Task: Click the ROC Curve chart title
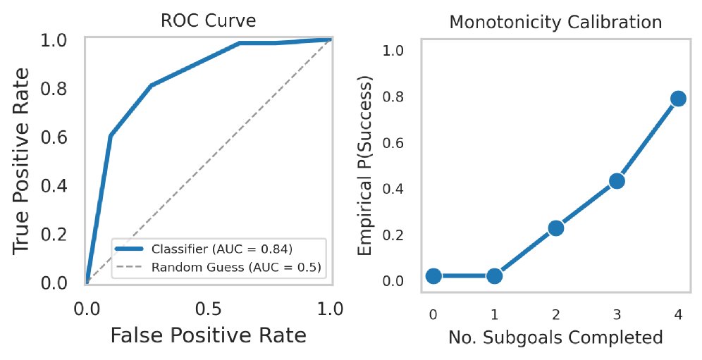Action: (x=208, y=22)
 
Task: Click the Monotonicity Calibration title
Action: (x=555, y=22)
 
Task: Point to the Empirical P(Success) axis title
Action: (x=366, y=166)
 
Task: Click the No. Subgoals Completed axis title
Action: (x=555, y=337)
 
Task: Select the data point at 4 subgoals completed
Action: (x=678, y=98)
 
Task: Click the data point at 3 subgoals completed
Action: (x=617, y=181)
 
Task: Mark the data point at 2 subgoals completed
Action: (x=555, y=228)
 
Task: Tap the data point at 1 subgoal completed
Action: (x=494, y=275)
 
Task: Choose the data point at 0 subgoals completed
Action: (x=433, y=275)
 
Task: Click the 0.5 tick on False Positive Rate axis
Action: (x=208, y=308)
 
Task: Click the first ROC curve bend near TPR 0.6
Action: (x=111, y=135)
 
